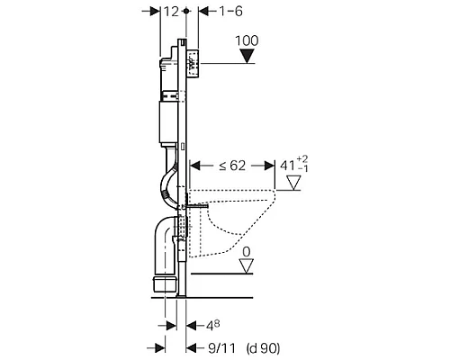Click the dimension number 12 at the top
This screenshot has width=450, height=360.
point(171,12)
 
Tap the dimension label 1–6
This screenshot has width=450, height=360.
point(230,12)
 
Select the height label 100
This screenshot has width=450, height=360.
point(247,40)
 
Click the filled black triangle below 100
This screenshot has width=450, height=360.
point(247,57)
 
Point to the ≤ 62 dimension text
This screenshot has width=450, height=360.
point(232,166)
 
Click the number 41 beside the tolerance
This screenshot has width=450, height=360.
point(288,166)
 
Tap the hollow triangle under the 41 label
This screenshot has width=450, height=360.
point(293,183)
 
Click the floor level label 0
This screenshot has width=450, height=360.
point(247,252)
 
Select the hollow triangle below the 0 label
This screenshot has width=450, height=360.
point(247,266)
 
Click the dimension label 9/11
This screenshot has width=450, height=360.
point(222,348)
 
